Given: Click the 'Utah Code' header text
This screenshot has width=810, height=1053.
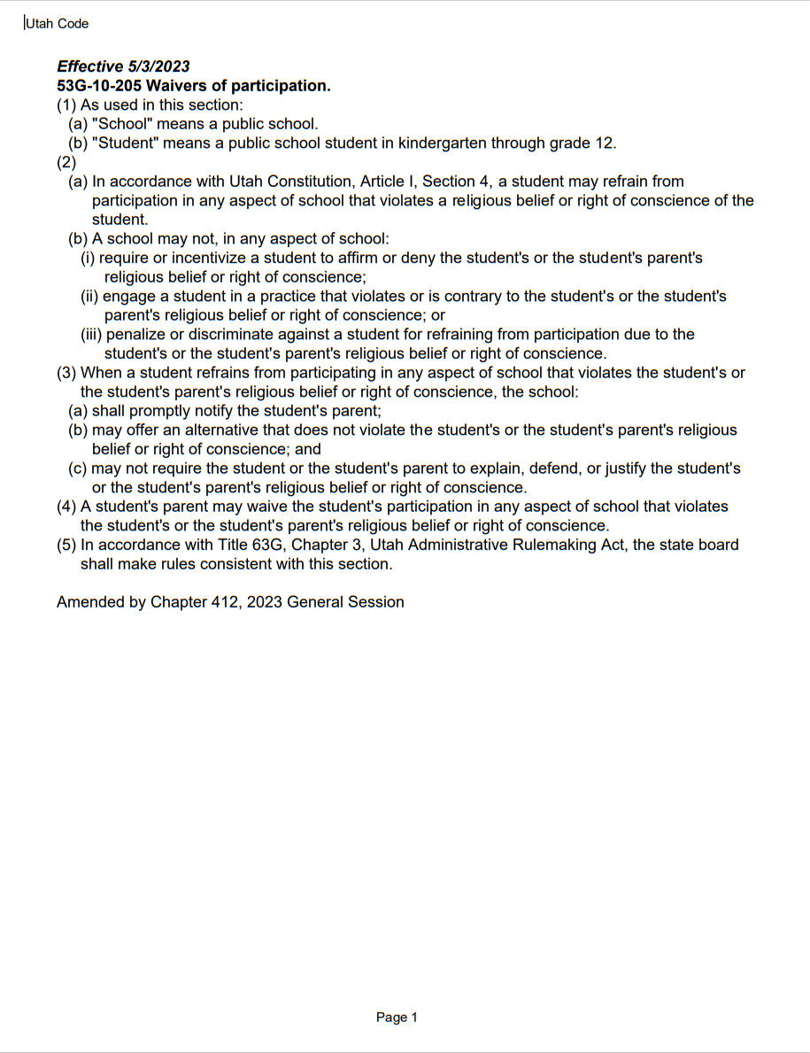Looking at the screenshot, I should tap(58, 24).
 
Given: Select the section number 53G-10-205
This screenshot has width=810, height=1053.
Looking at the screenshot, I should tap(98, 86).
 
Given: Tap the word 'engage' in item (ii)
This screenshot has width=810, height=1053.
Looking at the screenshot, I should tap(130, 297).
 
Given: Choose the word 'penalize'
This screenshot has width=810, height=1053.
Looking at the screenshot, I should tap(138, 335).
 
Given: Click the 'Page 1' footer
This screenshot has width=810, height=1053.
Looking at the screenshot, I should tap(397, 1018).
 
